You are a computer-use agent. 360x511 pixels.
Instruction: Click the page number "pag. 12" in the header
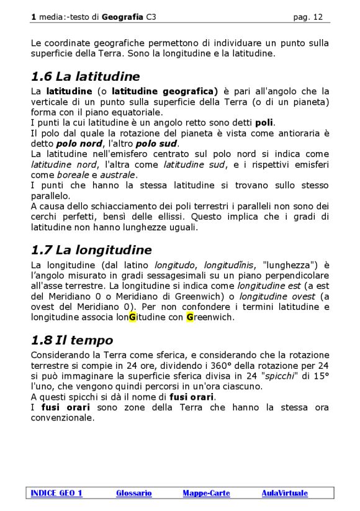(x=308, y=17)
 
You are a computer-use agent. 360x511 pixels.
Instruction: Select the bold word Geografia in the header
(x=123, y=17)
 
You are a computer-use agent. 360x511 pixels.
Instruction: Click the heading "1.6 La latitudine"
(x=85, y=77)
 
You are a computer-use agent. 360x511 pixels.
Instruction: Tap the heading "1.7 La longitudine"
(x=91, y=250)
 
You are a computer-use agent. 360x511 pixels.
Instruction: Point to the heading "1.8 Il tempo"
(x=72, y=340)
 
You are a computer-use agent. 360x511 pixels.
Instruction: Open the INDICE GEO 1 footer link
(x=56, y=493)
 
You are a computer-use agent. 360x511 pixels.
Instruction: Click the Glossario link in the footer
(x=133, y=493)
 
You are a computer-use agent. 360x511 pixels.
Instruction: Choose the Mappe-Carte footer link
(x=206, y=493)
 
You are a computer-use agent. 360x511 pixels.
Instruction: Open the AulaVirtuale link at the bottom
(x=284, y=493)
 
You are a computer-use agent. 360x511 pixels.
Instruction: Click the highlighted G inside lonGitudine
(x=132, y=317)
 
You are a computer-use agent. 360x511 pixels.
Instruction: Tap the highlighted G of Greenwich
(x=190, y=317)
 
